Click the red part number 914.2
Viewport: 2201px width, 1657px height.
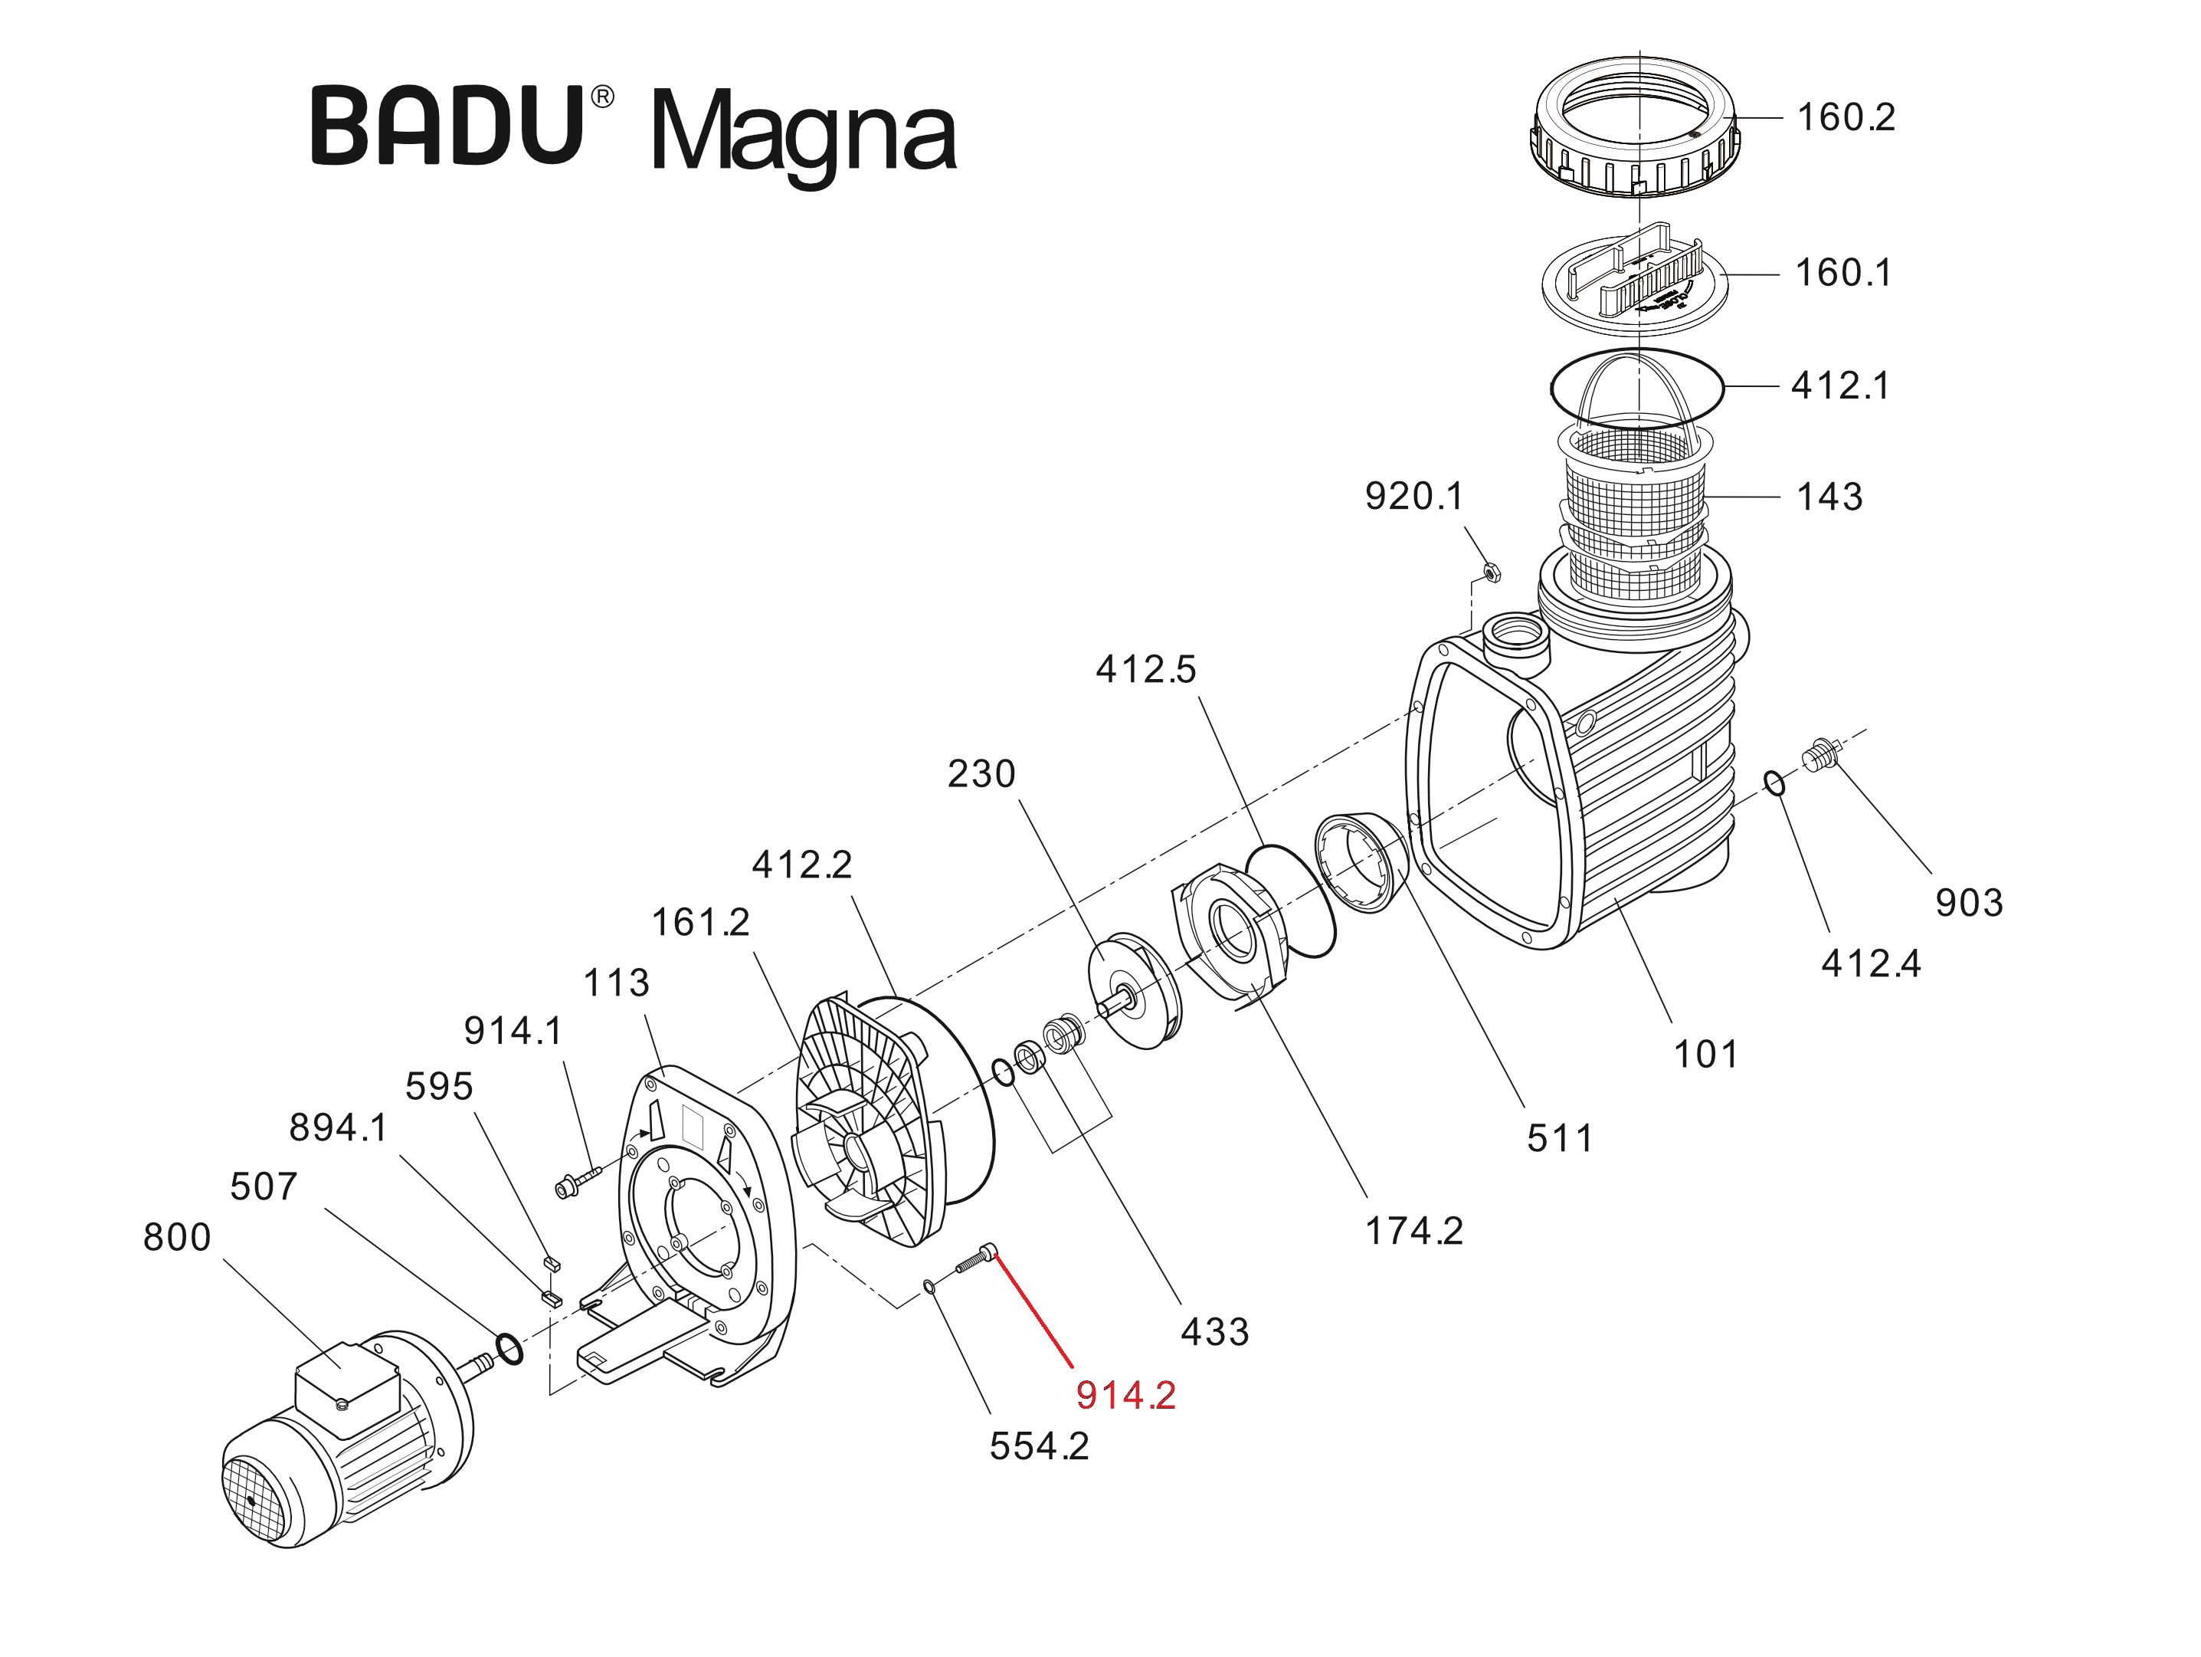click(1125, 1396)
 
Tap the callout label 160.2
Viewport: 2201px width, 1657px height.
click(1846, 117)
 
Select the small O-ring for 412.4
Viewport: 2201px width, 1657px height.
click(1775, 784)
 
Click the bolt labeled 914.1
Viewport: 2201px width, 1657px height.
click(577, 1183)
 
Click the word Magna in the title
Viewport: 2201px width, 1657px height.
click(804, 134)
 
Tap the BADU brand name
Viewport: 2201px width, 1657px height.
click(447, 126)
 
